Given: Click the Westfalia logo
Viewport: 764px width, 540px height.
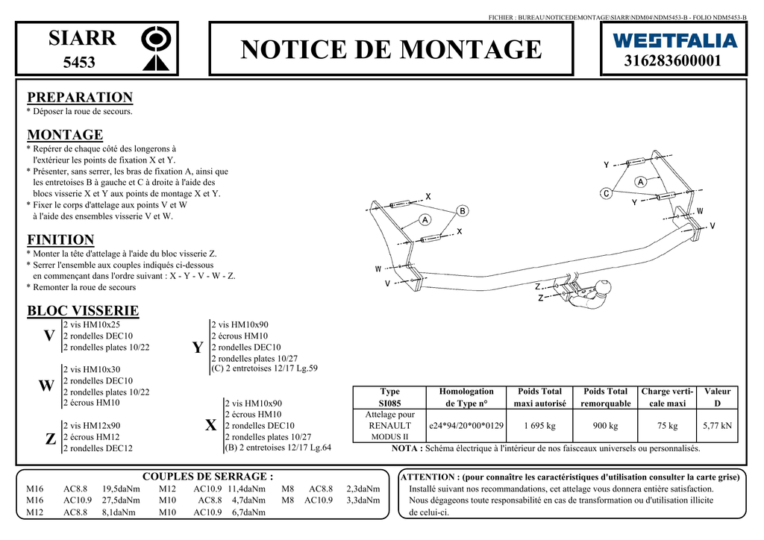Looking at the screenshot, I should (674, 40).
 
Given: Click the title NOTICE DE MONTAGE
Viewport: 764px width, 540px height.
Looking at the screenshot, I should (392, 49).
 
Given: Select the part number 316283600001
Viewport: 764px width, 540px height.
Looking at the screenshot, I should (674, 61).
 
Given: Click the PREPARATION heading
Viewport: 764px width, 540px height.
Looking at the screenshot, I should (80, 97).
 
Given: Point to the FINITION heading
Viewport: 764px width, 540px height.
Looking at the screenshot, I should (60, 239).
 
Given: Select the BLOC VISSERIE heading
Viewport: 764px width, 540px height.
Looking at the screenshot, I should (83, 310).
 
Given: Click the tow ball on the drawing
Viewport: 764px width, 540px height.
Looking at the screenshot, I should (603, 287).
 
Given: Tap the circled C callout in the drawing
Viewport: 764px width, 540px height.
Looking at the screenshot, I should (607, 193).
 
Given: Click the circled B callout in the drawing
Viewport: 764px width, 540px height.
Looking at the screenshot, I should (463, 211).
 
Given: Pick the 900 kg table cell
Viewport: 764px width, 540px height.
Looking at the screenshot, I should (605, 426).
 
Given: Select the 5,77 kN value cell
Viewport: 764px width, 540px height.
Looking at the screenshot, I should (717, 426).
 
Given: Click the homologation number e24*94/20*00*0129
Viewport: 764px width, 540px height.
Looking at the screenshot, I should (466, 426).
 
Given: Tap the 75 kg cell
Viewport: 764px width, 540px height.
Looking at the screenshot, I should (667, 426).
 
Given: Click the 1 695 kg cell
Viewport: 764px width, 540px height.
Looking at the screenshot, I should (539, 426).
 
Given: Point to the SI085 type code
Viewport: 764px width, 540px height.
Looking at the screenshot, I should (389, 404).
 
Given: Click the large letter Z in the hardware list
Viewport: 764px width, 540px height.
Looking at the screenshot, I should (50, 439).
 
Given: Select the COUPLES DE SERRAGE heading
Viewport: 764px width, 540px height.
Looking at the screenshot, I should (207, 476).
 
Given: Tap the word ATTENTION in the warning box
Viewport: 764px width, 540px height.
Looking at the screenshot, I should (428, 477).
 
